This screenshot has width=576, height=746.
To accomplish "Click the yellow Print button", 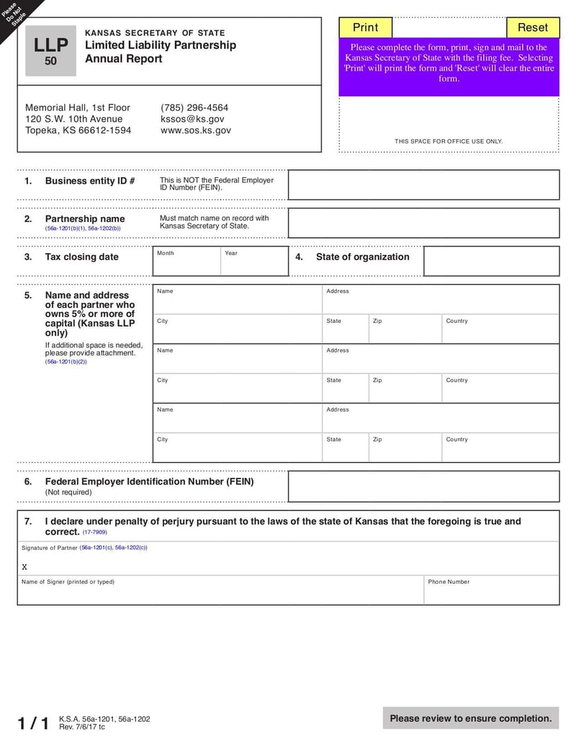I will click(x=365, y=27).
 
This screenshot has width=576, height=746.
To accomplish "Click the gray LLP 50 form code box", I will click(x=50, y=50).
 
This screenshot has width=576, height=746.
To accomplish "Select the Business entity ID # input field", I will click(x=423, y=185).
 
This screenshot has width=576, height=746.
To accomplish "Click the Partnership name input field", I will click(x=423, y=223).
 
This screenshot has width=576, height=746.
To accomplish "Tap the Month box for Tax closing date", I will click(x=186, y=264).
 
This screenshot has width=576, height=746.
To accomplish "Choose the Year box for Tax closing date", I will click(x=254, y=264).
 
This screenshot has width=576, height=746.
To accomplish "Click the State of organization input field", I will click(x=491, y=261).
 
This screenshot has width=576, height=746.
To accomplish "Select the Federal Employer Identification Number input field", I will click(x=423, y=487).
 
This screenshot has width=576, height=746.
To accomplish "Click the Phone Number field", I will click(x=491, y=593).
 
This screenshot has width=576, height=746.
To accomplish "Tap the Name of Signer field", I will click(x=220, y=593).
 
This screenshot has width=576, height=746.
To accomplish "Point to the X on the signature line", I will click(x=24, y=567).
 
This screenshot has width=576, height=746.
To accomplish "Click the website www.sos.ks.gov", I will click(x=196, y=130).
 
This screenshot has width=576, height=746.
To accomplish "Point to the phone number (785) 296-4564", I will click(x=194, y=107).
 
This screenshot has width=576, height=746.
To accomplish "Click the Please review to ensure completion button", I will click(x=471, y=718).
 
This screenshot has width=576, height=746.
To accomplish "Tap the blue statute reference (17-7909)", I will click(x=94, y=532).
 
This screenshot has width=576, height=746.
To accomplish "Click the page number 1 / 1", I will click(x=33, y=723).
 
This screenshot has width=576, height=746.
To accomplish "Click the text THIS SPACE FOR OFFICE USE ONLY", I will click(x=449, y=141).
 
